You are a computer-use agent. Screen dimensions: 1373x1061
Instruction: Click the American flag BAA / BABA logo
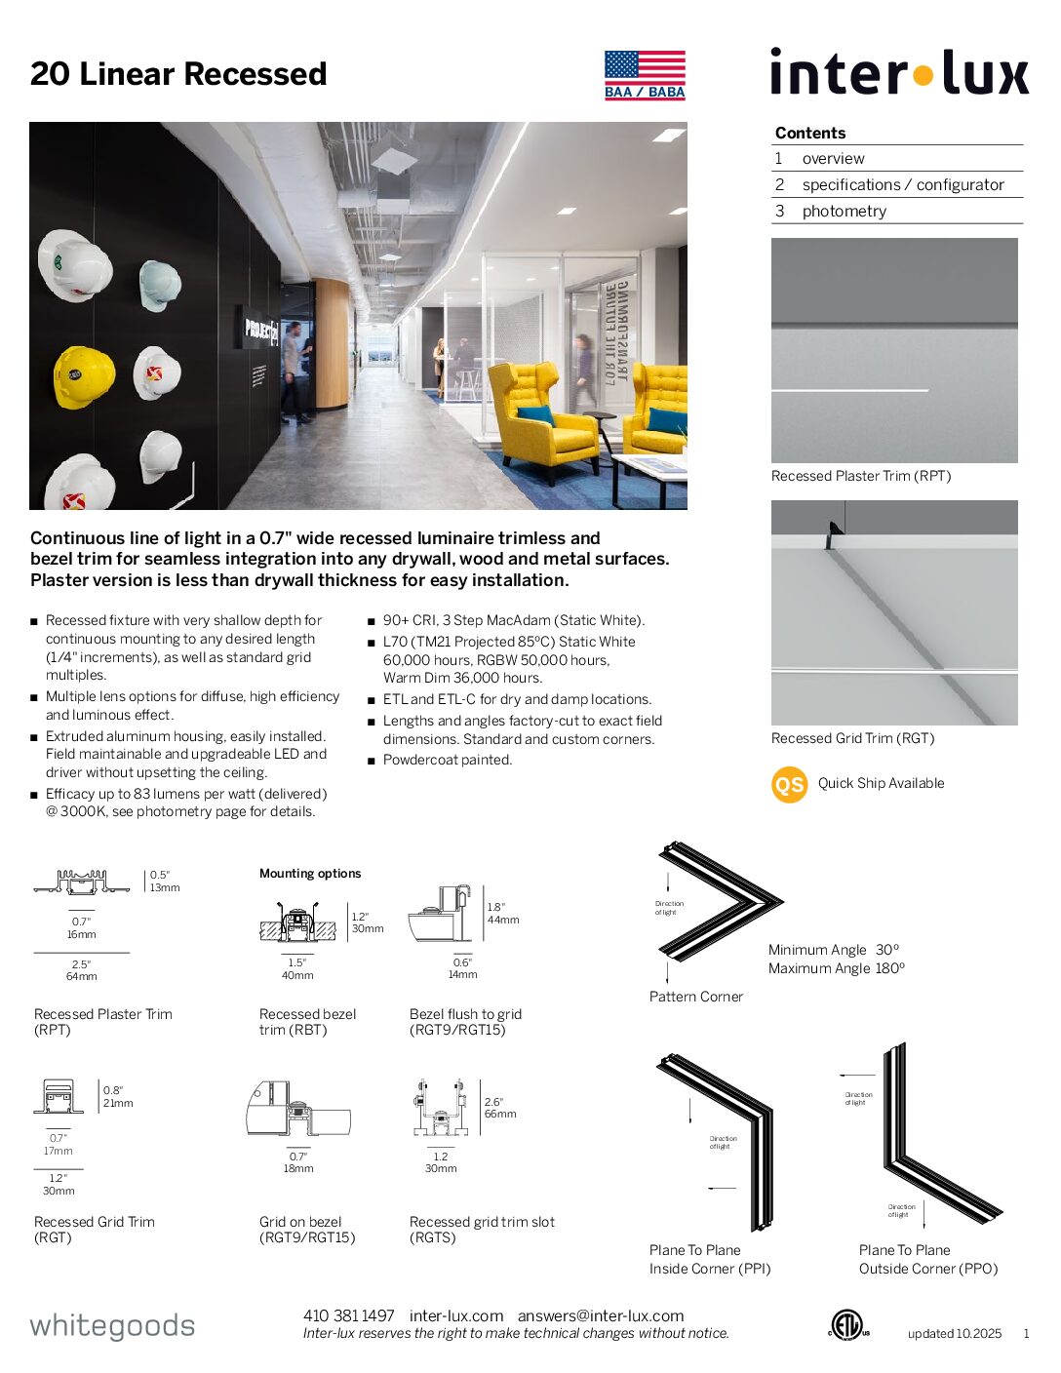tap(645, 75)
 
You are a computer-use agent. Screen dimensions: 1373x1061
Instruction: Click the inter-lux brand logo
tap(898, 73)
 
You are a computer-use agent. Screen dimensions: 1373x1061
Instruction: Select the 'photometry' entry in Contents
tap(844, 211)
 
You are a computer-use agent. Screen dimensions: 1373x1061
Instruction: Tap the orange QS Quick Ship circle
tap(789, 784)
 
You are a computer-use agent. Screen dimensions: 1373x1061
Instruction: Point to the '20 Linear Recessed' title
tap(178, 74)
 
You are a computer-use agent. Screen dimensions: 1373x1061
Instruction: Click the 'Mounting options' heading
tap(310, 874)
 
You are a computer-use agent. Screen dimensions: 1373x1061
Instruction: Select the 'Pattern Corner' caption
tap(696, 997)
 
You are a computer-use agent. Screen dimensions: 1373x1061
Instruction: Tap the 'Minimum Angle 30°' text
tap(834, 950)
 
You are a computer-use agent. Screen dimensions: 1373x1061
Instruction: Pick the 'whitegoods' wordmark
tap(112, 1325)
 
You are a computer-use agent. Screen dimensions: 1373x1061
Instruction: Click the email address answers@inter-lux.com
tap(601, 1315)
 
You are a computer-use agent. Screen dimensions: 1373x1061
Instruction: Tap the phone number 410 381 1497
tap(348, 1315)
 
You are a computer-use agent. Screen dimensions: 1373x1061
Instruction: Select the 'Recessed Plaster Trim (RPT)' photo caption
tap(861, 476)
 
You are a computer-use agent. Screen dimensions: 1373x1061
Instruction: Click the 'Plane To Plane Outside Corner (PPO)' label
tap(928, 1259)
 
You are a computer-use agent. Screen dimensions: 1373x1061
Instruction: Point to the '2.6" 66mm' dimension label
tap(500, 1108)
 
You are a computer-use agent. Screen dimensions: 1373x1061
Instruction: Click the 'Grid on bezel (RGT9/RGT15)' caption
tap(307, 1230)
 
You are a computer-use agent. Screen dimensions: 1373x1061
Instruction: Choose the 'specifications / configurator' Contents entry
tap(902, 184)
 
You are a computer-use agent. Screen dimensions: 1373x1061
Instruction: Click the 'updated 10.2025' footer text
tap(955, 1334)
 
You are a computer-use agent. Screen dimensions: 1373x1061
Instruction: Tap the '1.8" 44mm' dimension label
tap(503, 914)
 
